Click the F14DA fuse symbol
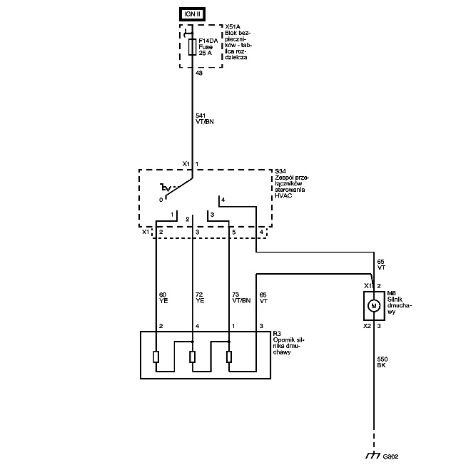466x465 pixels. pos(191,47)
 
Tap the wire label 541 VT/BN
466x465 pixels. pos(205,118)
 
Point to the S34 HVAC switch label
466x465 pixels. pos(292,183)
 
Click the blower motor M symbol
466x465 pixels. pos(373,306)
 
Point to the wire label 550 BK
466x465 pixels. pos(382,362)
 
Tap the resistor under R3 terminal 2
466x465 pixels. pos(156,357)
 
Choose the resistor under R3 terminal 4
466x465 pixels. pos(192,357)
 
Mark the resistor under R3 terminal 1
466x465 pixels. pos(228,357)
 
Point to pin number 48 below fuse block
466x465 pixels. pos(199,73)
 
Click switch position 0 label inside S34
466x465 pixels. pos(161,200)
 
